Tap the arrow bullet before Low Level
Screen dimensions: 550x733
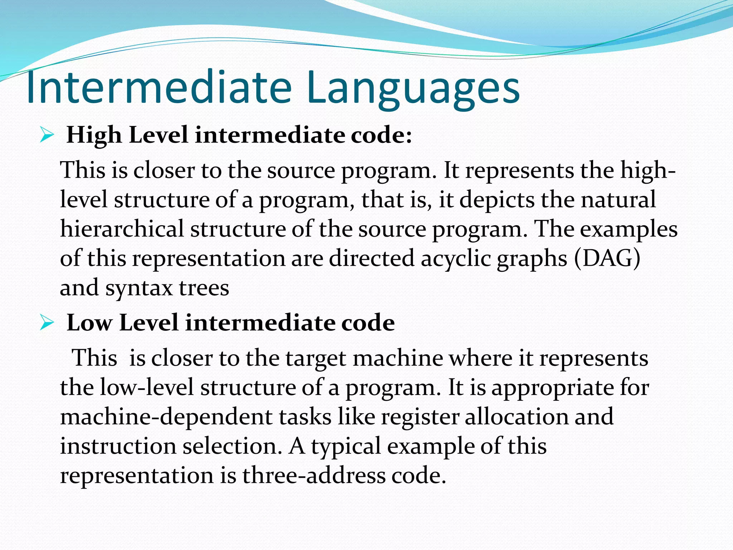tap(47, 323)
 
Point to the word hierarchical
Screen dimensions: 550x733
tap(122, 229)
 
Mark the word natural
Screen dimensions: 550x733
tap(618, 200)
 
